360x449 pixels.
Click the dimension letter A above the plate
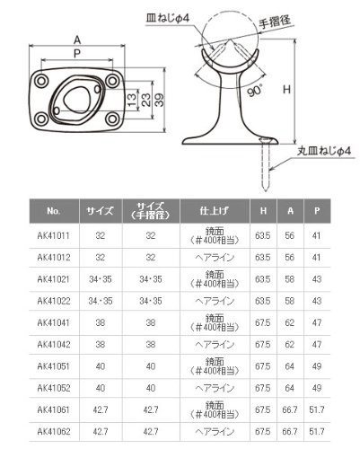point(77,40)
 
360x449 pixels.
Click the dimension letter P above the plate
point(77,54)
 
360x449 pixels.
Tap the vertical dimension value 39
point(160,100)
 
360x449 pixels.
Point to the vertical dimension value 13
point(131,100)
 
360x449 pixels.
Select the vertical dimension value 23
point(145,100)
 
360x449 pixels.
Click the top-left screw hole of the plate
point(41,81)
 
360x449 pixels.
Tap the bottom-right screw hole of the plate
point(112,119)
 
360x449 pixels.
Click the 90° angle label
point(255,91)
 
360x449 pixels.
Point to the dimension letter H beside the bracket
point(286,89)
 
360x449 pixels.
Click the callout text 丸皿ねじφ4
point(323,151)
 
